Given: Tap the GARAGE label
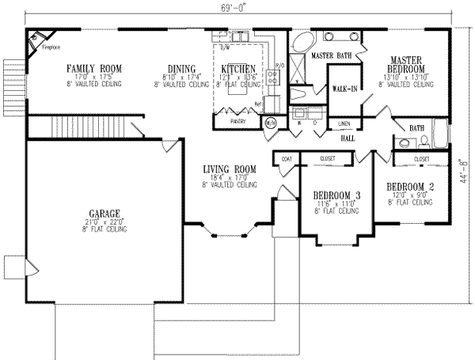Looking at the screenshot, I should tap(104, 214).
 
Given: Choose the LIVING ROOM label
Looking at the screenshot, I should tap(229, 169).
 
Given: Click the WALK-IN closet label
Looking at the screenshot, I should tap(344, 89).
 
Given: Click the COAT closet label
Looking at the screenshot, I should tap(286, 159).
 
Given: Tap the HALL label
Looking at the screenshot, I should tap(348, 138).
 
